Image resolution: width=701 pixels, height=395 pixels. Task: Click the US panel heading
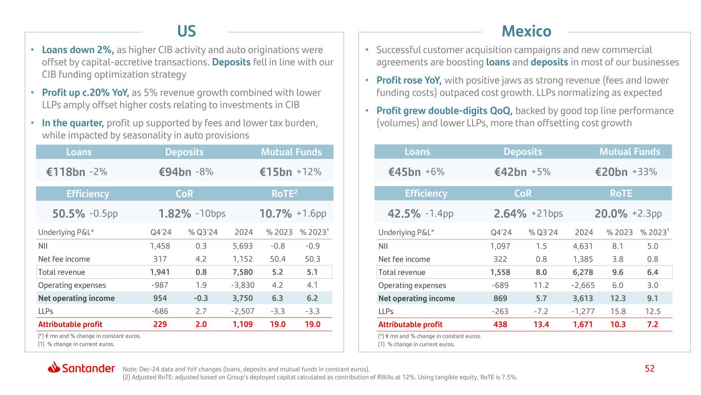click(x=186, y=31)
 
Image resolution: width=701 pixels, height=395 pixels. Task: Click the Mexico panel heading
click(x=526, y=31)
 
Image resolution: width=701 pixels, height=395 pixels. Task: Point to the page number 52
click(x=650, y=369)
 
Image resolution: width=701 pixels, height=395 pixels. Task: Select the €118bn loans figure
click(x=65, y=173)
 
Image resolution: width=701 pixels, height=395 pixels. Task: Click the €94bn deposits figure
click(x=176, y=173)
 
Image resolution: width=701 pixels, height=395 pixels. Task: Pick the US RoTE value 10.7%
click(x=276, y=213)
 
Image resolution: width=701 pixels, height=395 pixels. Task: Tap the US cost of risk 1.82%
click(x=176, y=213)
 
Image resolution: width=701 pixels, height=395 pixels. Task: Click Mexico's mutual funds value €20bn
click(x=611, y=172)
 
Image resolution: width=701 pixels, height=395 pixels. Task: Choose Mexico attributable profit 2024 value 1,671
click(x=579, y=325)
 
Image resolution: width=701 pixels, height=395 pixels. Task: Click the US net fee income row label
click(x=64, y=259)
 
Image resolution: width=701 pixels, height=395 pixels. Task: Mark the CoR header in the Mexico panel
click(x=523, y=193)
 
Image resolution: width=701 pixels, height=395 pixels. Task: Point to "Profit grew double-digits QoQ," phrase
click(x=444, y=111)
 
